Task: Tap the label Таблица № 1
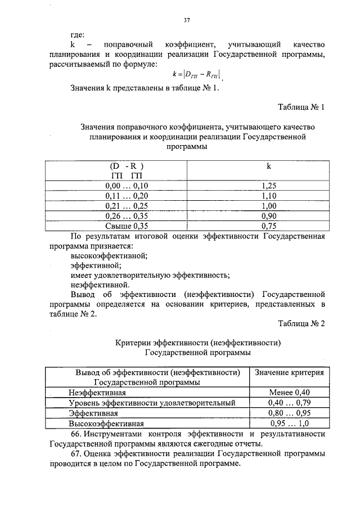coord(301,107)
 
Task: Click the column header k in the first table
coord(268,166)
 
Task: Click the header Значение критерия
coord(289,372)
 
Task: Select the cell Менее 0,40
coord(289,392)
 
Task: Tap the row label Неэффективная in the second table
coord(97,392)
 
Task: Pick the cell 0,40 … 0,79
coord(289,403)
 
